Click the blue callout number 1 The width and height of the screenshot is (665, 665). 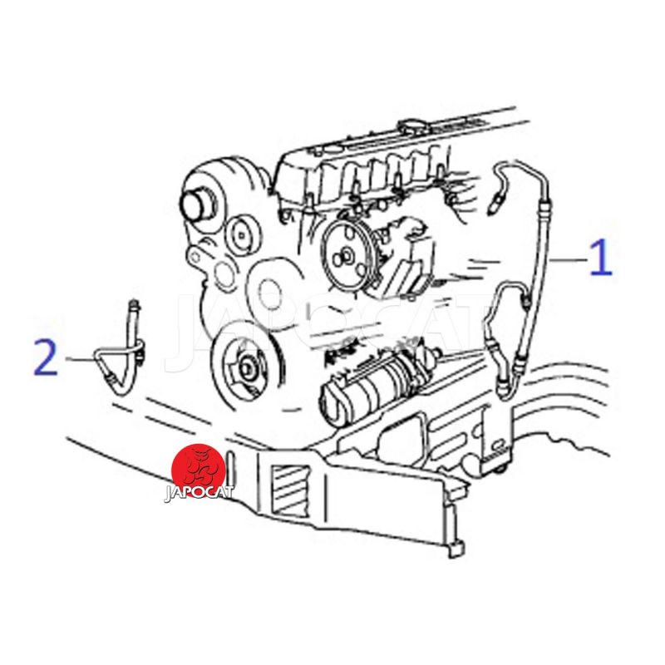(x=602, y=257)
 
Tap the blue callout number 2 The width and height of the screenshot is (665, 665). (x=46, y=357)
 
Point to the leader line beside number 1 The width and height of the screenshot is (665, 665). (x=569, y=259)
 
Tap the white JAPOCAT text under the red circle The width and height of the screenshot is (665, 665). (x=199, y=492)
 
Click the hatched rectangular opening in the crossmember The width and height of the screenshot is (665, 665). (x=291, y=484)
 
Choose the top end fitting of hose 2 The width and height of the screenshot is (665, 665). (x=135, y=304)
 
